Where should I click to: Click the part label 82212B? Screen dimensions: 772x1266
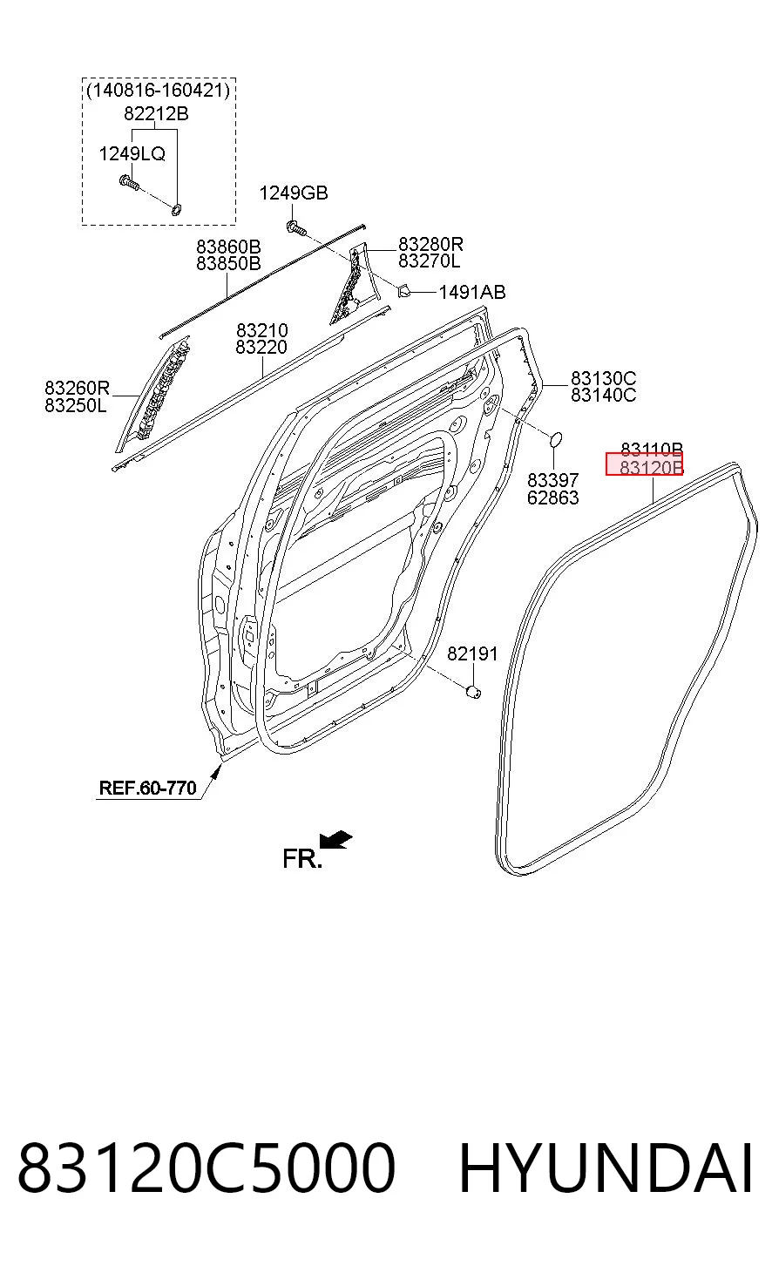coord(156,114)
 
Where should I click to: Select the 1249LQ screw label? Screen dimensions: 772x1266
coord(132,153)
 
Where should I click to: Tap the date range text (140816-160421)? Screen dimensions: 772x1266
coord(159,91)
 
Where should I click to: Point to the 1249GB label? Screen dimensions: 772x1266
coord(294,193)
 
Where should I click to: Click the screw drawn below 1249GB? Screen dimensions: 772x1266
coord(296,228)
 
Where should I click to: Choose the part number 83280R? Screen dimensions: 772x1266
coord(430,244)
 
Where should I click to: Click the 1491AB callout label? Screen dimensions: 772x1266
coord(472,292)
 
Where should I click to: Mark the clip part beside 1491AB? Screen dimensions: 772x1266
coord(404,291)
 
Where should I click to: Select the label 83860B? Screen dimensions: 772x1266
coord(228,247)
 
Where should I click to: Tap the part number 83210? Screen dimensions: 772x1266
coord(261,330)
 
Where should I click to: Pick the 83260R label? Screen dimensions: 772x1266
coord(77,389)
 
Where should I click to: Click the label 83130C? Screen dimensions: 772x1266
coord(603,378)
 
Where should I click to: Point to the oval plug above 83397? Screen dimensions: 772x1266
coord(556,438)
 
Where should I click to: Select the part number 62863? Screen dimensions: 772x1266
coord(552,498)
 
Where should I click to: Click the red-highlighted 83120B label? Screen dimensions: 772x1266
coord(644,464)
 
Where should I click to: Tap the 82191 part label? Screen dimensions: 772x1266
coord(472,654)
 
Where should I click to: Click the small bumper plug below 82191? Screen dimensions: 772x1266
coord(473,691)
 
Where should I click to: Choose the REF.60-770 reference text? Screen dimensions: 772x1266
coord(147,788)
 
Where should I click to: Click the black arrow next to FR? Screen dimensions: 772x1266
coord(335,840)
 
